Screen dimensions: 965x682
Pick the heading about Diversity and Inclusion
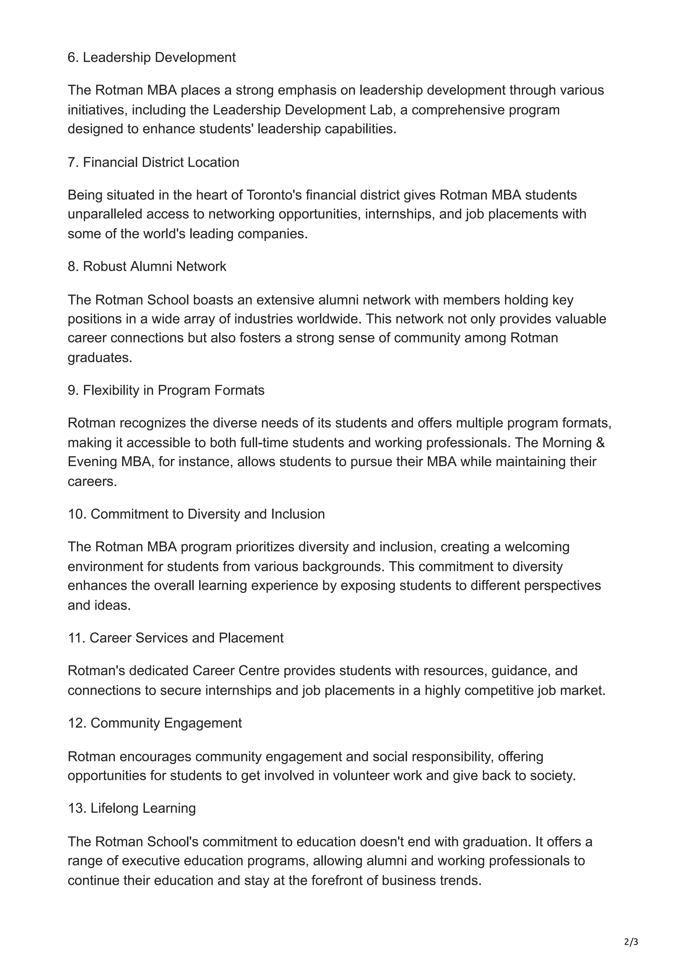pos(196,514)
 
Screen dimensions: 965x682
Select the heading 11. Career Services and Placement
pos(175,638)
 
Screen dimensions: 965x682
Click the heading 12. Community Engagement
pos(154,723)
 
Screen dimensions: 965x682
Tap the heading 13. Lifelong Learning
pos(132,808)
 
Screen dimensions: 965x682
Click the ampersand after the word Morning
pos(600,443)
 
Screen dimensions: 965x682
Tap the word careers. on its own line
pos(92,481)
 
